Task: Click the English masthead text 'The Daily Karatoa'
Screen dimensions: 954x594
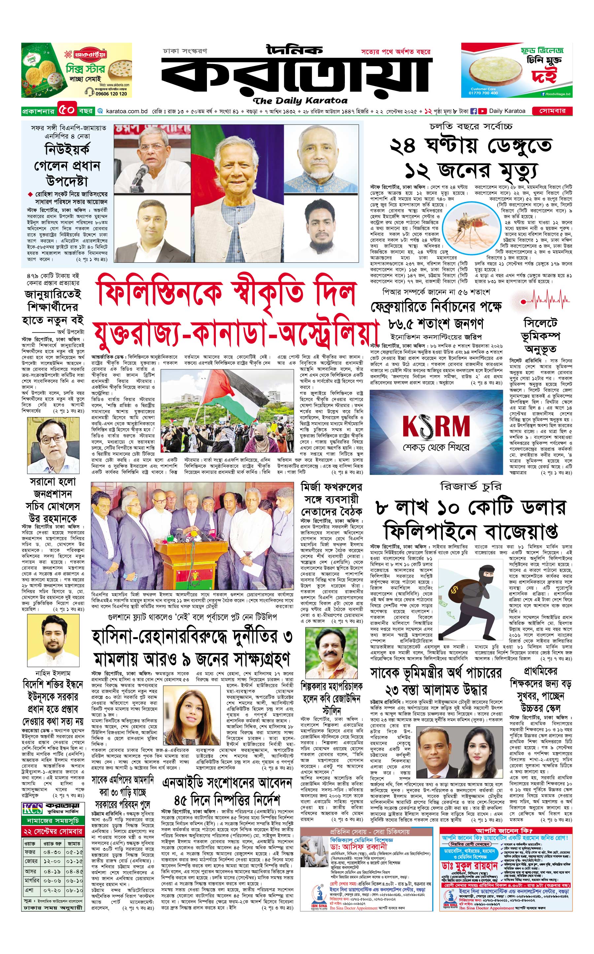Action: coord(300,101)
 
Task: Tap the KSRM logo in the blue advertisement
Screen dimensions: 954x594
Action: coord(436,426)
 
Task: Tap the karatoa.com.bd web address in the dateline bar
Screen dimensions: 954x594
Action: coord(126,111)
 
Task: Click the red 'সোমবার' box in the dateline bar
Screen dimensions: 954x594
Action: coord(552,111)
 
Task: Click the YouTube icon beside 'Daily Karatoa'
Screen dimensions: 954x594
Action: coord(482,111)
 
